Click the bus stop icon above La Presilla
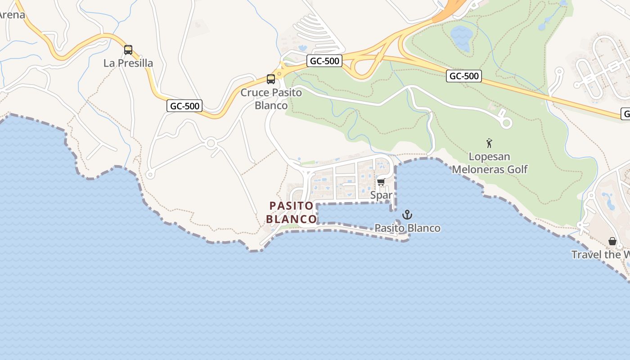[x=128, y=49]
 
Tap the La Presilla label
[x=128, y=63]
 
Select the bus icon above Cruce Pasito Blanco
[x=271, y=79]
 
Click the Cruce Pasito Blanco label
[x=271, y=99]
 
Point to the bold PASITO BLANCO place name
[x=291, y=212]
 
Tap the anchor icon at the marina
[x=407, y=215]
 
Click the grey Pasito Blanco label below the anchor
[x=407, y=228]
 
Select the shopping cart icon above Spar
[x=381, y=182]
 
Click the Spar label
[x=381, y=195]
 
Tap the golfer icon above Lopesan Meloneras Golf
[x=490, y=143]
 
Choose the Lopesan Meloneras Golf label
[x=490, y=163]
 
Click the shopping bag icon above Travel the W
[x=612, y=241]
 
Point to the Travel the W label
[x=600, y=255]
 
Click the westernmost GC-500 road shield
[x=184, y=106]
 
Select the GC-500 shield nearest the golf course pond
[x=464, y=76]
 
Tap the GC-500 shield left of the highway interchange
[x=324, y=61]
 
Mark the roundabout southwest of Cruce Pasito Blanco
[x=211, y=144]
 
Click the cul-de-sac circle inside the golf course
[x=507, y=122]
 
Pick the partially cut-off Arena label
[x=12, y=14]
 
